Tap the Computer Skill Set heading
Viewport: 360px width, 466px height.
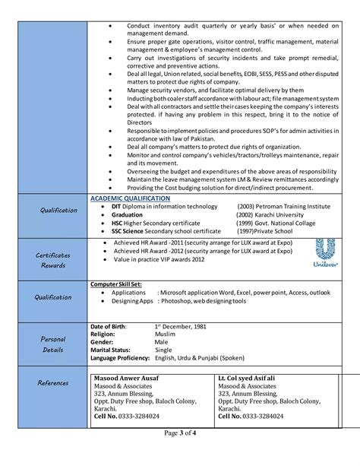pos(115,283)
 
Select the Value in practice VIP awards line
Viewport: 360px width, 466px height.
pos(159,259)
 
